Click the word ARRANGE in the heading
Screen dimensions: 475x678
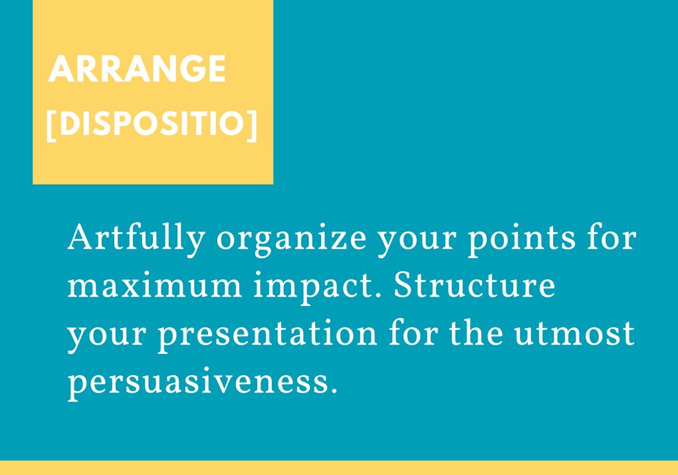(137, 69)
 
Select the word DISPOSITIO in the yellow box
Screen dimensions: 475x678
(152, 124)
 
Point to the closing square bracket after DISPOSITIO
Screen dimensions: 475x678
(252, 124)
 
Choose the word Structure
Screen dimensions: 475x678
(475, 285)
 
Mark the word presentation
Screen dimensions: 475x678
(267, 335)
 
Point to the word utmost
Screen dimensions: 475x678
(574, 334)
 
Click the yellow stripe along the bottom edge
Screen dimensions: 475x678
(339, 468)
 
